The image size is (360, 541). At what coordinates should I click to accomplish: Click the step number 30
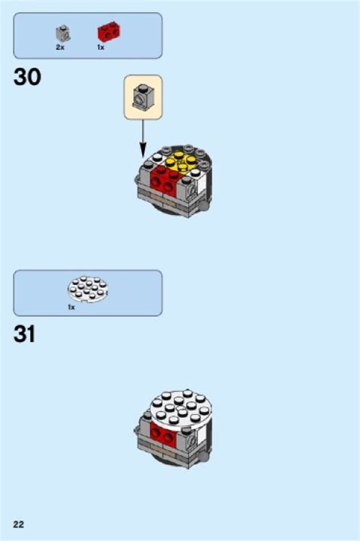(x=27, y=77)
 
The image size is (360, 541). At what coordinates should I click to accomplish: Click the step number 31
(x=24, y=334)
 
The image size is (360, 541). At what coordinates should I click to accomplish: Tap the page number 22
(x=19, y=524)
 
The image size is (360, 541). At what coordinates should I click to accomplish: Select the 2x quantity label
(x=60, y=47)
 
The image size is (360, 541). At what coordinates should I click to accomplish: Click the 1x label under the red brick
(x=100, y=47)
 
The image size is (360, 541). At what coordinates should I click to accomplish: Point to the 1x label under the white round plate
(x=71, y=307)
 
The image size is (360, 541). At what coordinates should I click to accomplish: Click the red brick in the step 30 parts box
(x=109, y=31)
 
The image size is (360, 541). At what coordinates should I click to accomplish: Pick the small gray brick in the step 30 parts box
(x=63, y=33)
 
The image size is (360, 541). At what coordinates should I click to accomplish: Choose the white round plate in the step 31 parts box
(x=88, y=289)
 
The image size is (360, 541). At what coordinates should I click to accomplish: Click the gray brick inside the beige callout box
(x=143, y=96)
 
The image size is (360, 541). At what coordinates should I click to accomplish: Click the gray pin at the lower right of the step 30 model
(x=204, y=206)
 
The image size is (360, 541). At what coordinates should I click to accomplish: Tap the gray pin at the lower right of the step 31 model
(x=204, y=457)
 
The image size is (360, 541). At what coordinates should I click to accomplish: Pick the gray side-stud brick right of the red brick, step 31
(x=187, y=438)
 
